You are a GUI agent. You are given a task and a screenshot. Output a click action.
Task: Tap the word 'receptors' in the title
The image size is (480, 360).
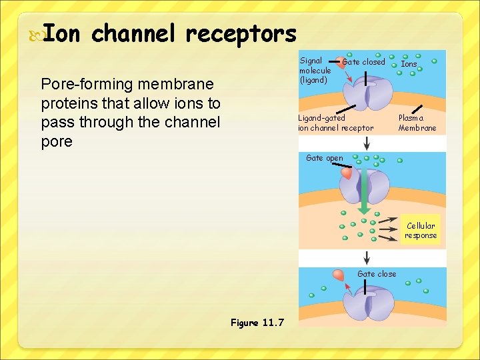(241, 33)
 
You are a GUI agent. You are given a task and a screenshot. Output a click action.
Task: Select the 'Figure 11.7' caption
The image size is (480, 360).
(257, 323)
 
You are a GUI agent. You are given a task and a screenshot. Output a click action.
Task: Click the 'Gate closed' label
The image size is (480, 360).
(363, 62)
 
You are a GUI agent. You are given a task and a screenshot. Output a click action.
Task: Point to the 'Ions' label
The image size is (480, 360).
(409, 65)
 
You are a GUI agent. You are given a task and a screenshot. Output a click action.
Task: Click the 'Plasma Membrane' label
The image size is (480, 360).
(417, 123)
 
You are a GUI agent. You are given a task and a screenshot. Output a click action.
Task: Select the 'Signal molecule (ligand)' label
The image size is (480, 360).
(315, 70)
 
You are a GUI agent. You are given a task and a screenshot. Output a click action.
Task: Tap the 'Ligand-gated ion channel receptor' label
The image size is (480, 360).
(335, 123)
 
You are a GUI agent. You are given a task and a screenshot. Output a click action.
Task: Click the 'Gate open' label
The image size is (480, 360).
(324, 158)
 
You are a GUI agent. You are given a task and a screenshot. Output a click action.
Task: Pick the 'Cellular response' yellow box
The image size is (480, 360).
(421, 231)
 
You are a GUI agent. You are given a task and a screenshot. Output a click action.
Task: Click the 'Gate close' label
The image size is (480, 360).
(377, 274)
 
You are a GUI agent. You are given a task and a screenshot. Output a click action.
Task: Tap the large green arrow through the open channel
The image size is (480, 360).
(365, 193)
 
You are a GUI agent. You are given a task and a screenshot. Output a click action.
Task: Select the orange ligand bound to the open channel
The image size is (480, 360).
(347, 173)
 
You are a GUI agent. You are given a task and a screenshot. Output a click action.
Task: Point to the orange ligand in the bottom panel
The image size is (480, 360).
(340, 274)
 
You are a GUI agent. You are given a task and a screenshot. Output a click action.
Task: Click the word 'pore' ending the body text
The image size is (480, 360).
(57, 141)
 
